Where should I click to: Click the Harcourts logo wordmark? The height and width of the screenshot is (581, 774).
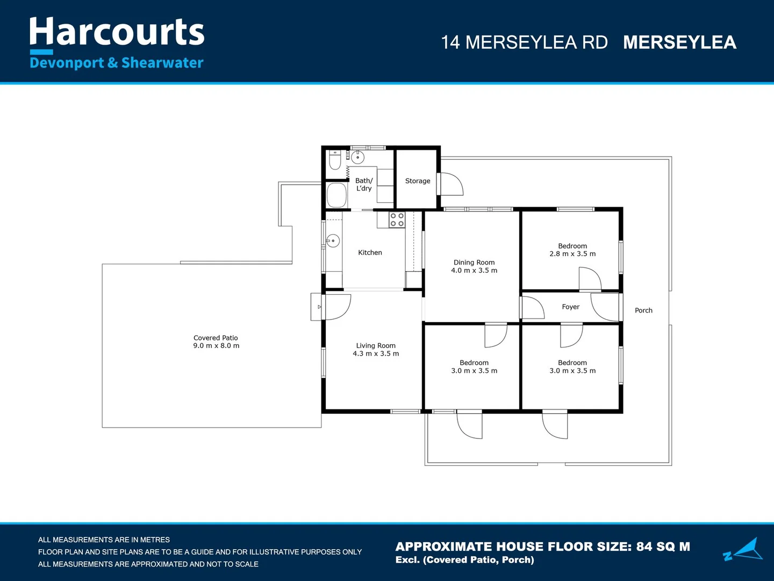[x=117, y=32]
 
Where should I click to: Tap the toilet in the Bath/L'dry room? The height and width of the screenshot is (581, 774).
[x=335, y=160]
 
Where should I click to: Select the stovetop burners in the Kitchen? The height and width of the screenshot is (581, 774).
[x=397, y=219]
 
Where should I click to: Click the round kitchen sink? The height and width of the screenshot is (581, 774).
[x=333, y=240]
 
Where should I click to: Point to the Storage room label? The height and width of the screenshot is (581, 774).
[x=418, y=181]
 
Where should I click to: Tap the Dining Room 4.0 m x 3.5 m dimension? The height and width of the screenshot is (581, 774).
[x=474, y=271]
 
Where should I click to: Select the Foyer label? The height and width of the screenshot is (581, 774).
[x=570, y=307]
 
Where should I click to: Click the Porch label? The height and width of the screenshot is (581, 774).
[x=643, y=310]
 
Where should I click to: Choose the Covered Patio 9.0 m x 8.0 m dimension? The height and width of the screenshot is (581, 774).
[x=216, y=346]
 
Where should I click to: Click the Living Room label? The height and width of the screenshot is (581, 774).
[x=376, y=346]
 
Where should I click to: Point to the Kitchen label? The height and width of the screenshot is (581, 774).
[x=370, y=253]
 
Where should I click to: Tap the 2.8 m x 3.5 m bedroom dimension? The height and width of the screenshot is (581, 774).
[x=572, y=254]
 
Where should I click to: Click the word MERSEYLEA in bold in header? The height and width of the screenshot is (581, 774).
[x=679, y=42]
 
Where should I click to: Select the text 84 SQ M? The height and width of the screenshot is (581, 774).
[x=663, y=547]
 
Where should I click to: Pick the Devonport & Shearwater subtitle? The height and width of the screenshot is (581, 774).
[x=117, y=63]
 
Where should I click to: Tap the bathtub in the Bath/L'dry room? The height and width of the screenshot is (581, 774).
[x=337, y=195]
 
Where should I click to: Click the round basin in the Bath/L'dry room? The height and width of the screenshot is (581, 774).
[x=358, y=157]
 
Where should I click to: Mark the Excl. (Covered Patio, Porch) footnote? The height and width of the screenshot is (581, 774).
[x=464, y=560]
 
